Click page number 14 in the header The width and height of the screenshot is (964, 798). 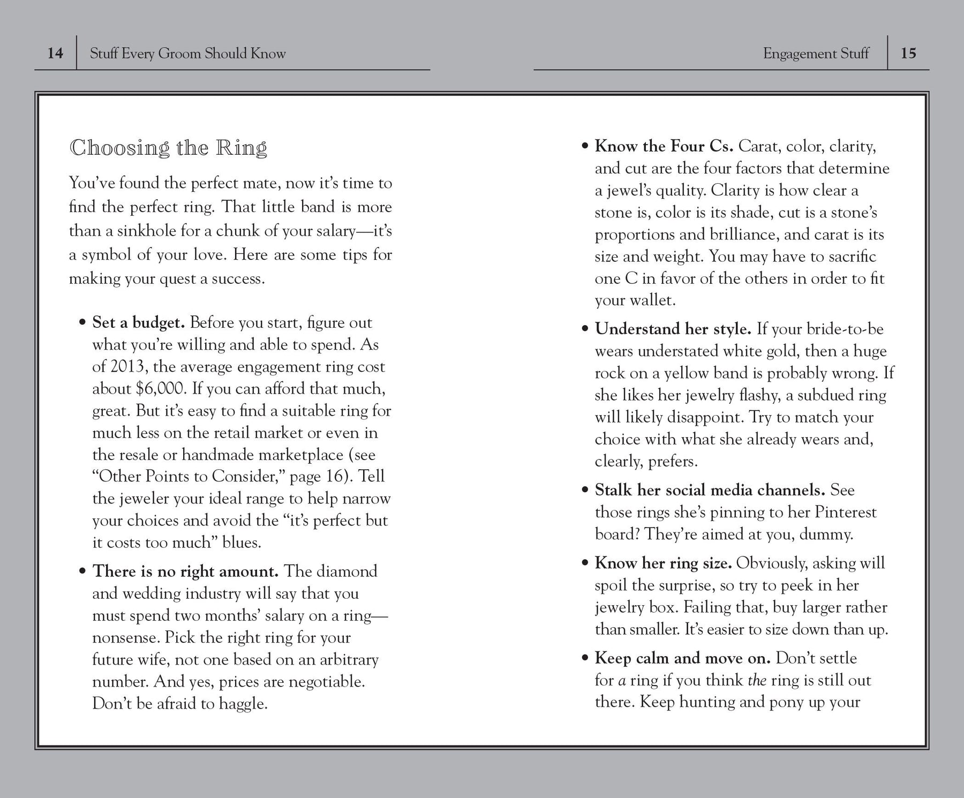pyautogui.click(x=55, y=53)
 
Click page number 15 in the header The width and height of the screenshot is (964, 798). pyautogui.click(x=908, y=53)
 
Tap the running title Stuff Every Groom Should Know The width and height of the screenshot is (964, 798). pyautogui.click(x=187, y=53)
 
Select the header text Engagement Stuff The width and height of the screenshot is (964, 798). pyautogui.click(x=816, y=53)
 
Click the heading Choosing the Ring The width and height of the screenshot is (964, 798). pyautogui.click(x=168, y=147)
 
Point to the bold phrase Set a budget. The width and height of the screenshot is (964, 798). pyautogui.click(x=138, y=322)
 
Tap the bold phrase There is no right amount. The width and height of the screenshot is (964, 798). pyautogui.click(x=185, y=571)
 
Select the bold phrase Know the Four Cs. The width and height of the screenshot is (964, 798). pyautogui.click(x=664, y=146)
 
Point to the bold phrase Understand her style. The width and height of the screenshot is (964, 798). pyautogui.click(x=673, y=328)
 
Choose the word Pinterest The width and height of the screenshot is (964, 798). pyautogui.click(x=845, y=512)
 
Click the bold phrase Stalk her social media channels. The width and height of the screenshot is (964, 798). pyautogui.click(x=710, y=490)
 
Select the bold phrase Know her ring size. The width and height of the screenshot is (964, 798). pyautogui.click(x=663, y=563)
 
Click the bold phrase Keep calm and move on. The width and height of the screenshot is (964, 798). pyautogui.click(x=682, y=658)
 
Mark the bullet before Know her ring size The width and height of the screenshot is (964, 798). pyautogui.click(x=585, y=563)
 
